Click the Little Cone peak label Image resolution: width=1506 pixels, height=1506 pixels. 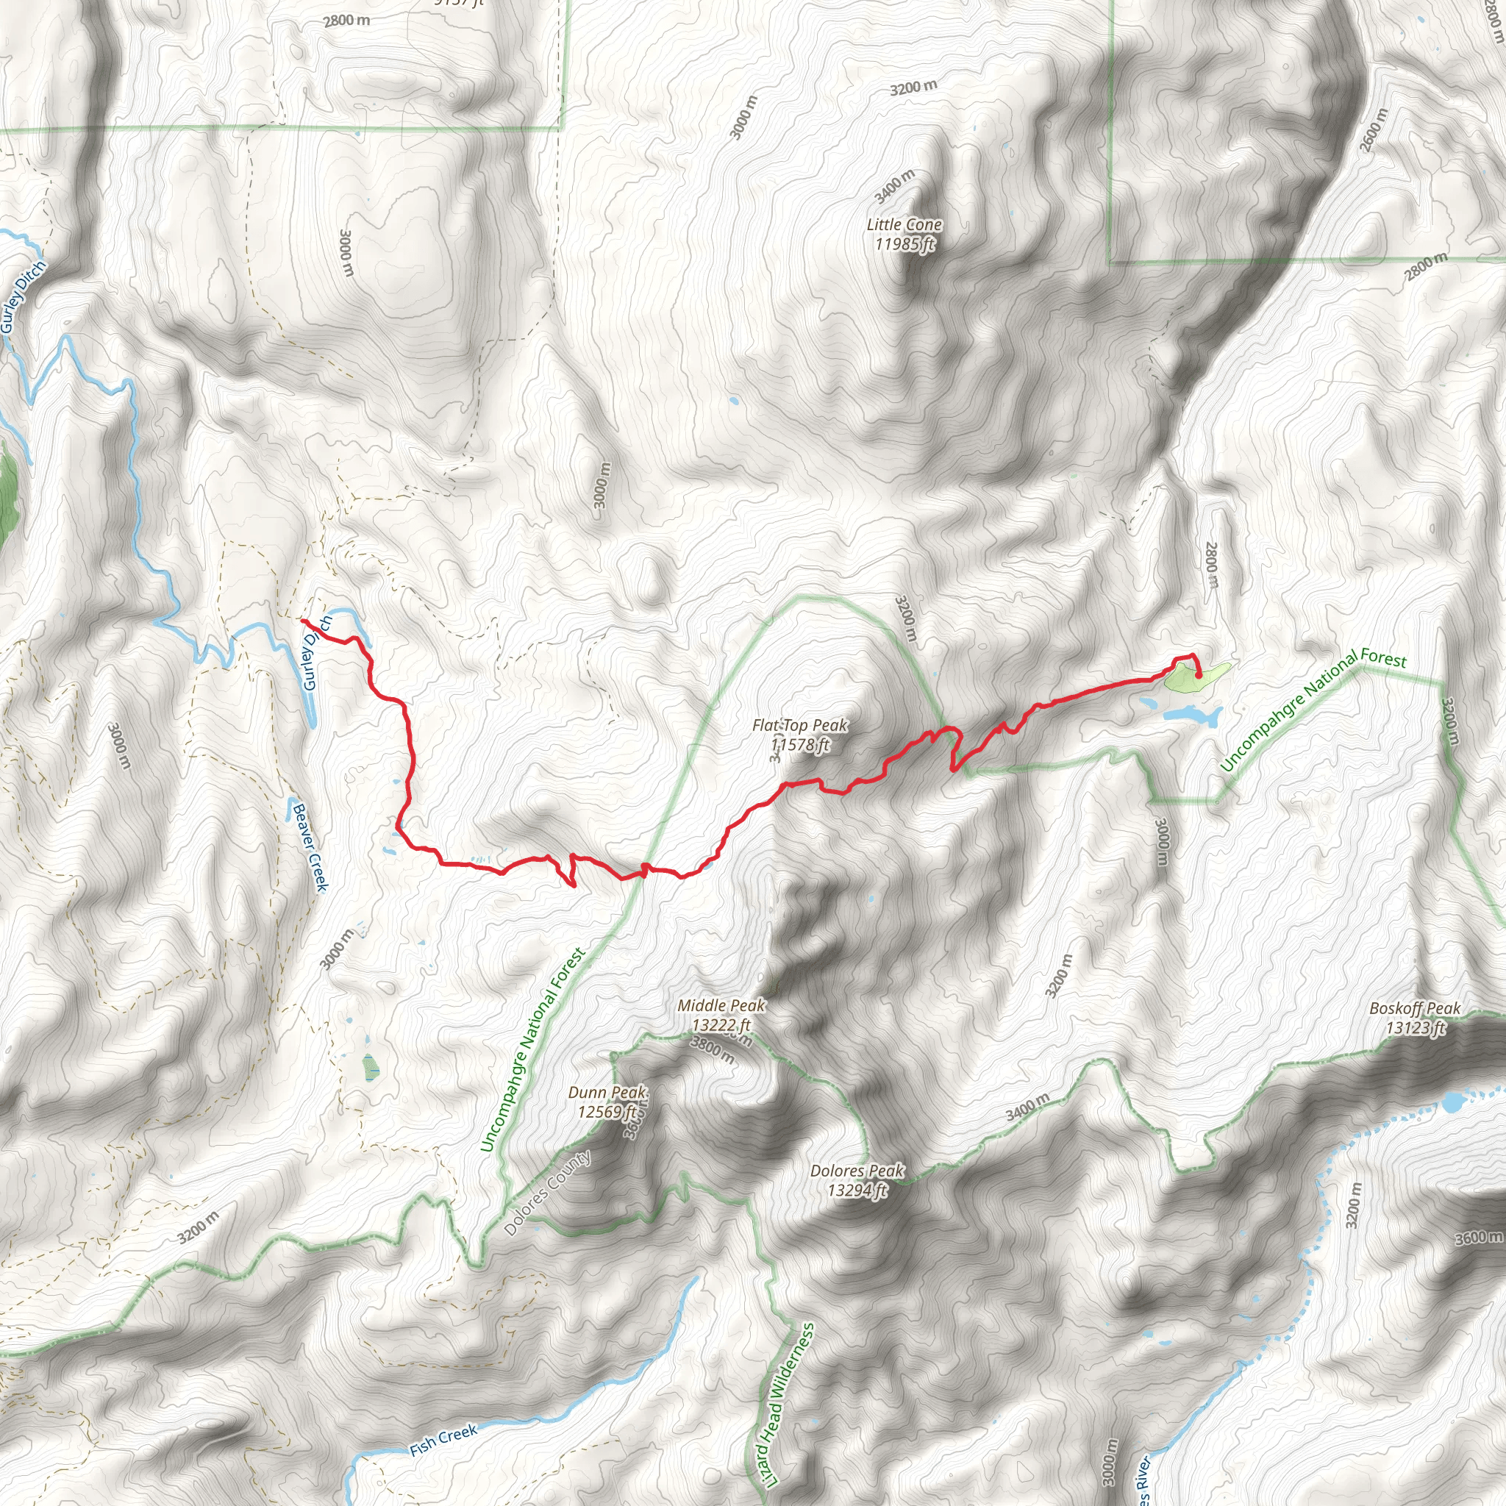pos(904,235)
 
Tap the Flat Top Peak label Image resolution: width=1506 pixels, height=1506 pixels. pos(800,735)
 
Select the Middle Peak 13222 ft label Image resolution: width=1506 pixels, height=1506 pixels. pos(721,1015)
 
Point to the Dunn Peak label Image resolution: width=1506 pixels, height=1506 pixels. pos(607,1102)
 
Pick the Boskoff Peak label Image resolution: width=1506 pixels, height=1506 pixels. pos(1415,1018)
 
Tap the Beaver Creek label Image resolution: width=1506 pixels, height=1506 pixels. pos(310,846)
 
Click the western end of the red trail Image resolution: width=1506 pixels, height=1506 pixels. pos(301,620)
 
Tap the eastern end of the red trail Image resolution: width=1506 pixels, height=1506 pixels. pos(1198,675)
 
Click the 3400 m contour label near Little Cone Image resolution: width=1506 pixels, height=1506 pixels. pos(894,186)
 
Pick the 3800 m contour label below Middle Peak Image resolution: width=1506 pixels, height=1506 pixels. pos(713,1049)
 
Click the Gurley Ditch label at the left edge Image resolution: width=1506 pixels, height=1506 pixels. pos(24,297)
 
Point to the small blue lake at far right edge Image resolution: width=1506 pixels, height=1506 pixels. pos(1453,1102)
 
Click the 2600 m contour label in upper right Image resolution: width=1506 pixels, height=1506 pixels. pos(1374,129)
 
